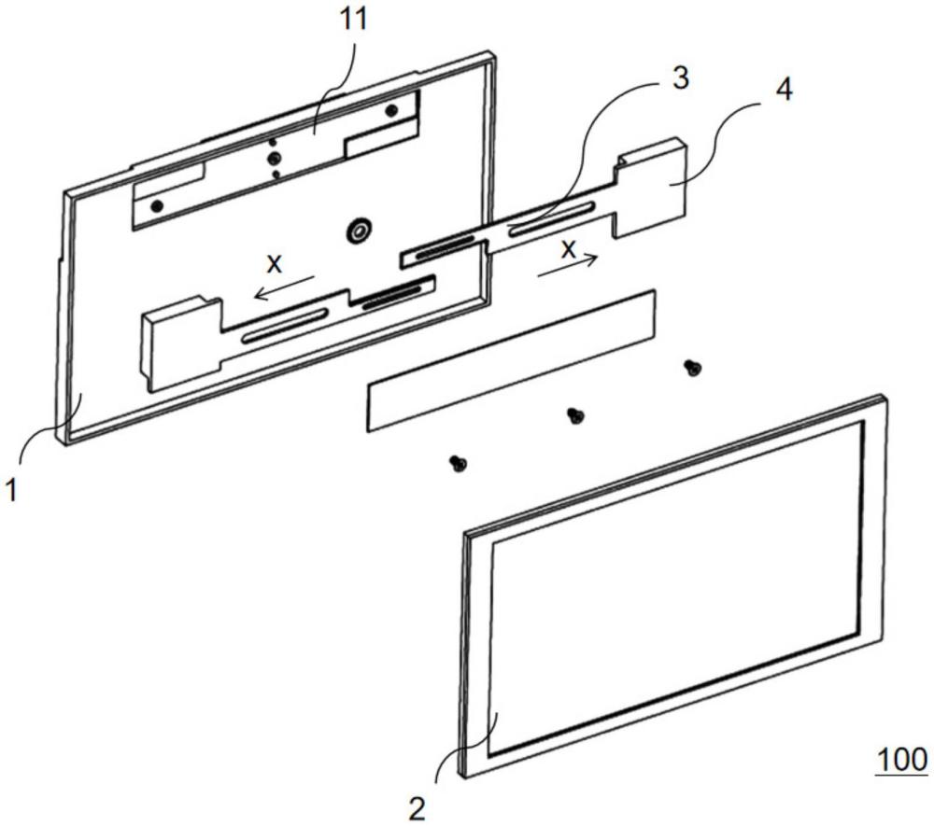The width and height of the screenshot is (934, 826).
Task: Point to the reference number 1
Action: coord(12,489)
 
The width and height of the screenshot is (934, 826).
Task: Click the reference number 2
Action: coord(418,806)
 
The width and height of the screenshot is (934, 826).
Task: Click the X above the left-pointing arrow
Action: coord(274,264)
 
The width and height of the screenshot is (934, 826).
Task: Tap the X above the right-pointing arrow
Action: coord(568,248)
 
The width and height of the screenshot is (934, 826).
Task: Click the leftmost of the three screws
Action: coord(458,462)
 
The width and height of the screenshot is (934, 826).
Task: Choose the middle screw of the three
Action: coord(575,414)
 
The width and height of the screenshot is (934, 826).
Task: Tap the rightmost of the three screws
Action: coord(692,368)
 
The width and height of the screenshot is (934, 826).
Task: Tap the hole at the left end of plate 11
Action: coord(157,204)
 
